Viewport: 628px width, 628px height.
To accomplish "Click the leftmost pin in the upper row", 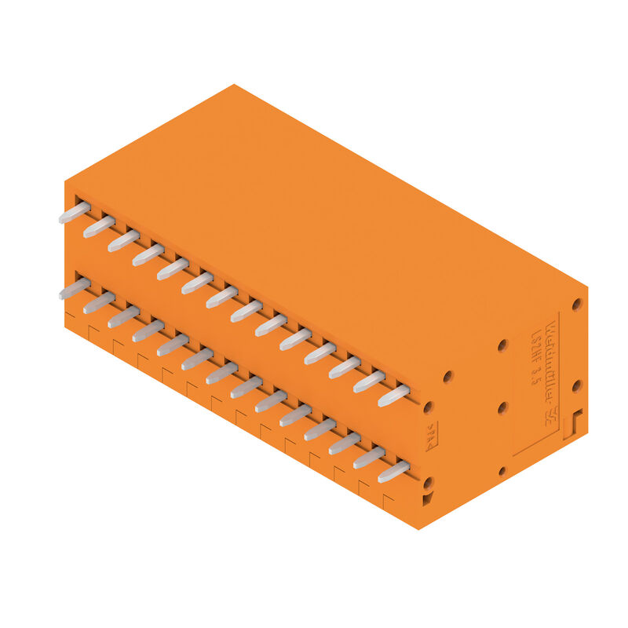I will point(74,213).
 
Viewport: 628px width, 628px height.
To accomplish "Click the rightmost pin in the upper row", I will point(393,396).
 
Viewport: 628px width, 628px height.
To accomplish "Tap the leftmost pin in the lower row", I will point(74,289).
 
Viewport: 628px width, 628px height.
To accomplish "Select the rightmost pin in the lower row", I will point(393,472).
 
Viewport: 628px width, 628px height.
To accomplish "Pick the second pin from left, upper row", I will point(99,227).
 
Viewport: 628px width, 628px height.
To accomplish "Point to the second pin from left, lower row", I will point(99,303).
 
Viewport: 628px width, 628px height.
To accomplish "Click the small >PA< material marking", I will point(431,436).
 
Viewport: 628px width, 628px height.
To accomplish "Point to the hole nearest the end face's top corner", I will point(576,304).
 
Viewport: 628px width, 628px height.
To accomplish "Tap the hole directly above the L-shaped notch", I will point(577,385).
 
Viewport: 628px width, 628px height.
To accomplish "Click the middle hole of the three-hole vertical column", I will point(502,408).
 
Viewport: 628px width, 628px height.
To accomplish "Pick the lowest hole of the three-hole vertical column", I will point(502,471).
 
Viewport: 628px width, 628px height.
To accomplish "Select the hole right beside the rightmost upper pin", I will point(428,407).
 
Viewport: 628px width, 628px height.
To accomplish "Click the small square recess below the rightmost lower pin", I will point(427,499).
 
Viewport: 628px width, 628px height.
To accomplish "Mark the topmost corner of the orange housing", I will point(233,85).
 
